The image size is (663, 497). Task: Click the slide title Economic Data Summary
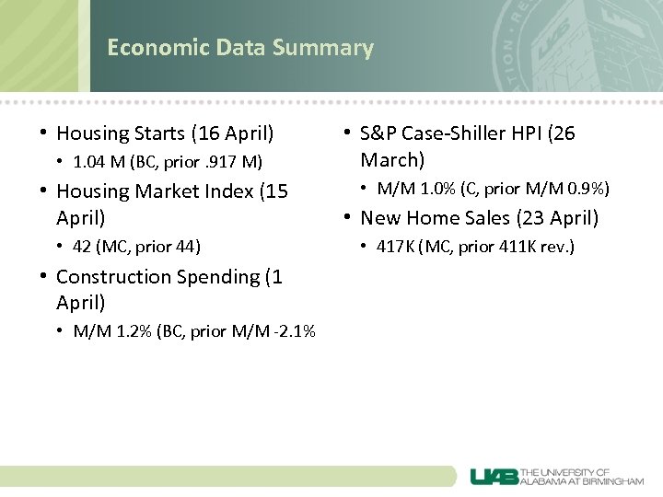[x=239, y=48]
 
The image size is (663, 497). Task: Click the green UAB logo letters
[x=494, y=476]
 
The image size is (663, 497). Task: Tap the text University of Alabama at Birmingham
[x=582, y=476]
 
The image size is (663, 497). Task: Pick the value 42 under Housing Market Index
[x=83, y=247]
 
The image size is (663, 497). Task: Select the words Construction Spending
[x=158, y=277]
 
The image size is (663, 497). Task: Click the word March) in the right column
[x=392, y=160]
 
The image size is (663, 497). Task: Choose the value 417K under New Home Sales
[x=394, y=247]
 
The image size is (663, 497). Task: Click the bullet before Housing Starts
[x=43, y=133]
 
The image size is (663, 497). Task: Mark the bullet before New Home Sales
[x=347, y=218]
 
